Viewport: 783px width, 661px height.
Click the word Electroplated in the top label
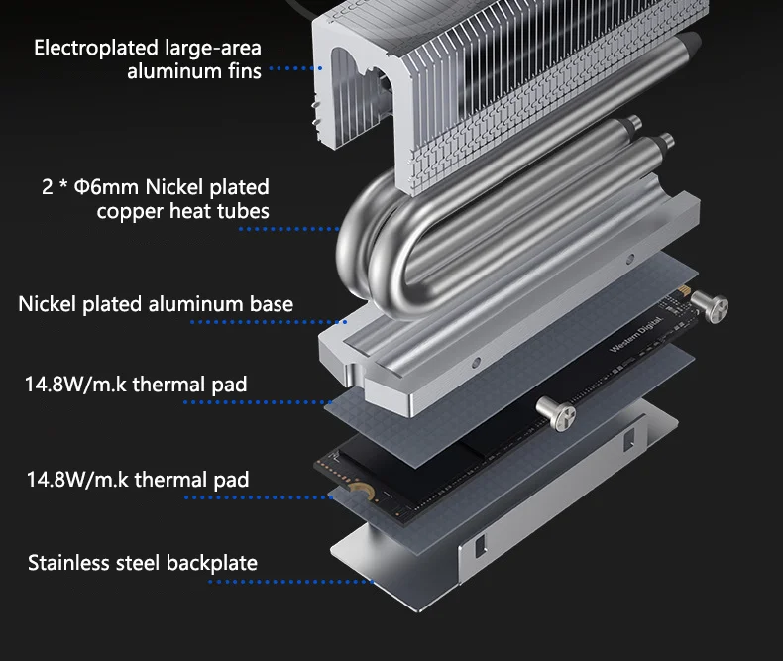coord(83,48)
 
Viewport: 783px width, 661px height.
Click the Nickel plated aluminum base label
coord(156,304)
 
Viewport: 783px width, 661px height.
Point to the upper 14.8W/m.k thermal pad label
coord(136,384)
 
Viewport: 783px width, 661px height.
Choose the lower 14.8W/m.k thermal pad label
coord(137,481)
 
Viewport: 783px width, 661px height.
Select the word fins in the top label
coord(242,71)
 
